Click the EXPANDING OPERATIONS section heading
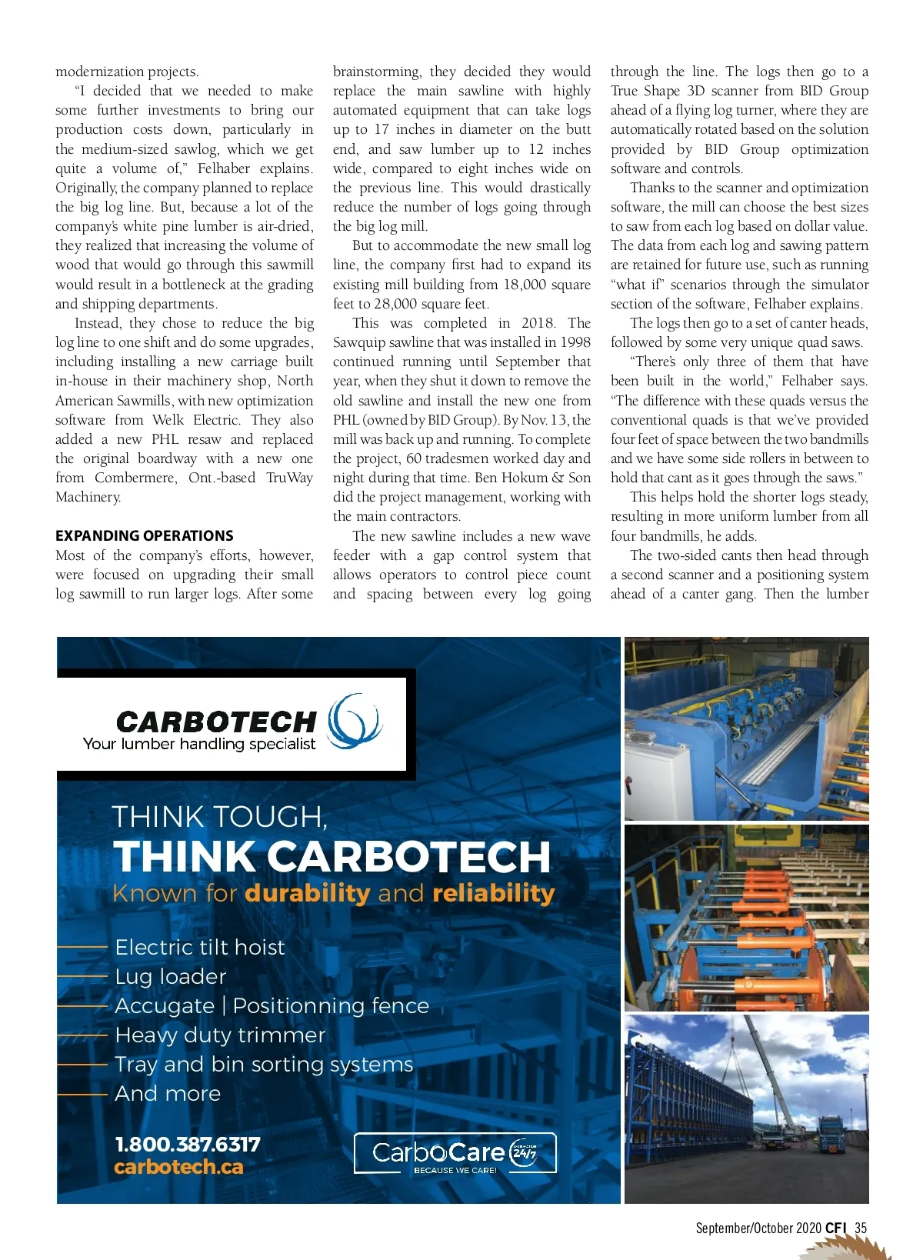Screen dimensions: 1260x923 pos(145,536)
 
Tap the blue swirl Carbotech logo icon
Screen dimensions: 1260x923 pos(355,721)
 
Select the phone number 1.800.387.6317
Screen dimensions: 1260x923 pos(188,1145)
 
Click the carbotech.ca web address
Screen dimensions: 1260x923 pos(178,1167)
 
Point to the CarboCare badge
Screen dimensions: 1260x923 pos(455,1153)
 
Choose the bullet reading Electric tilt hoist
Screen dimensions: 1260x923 pos(200,947)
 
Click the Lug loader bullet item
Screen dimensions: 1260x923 pos(171,976)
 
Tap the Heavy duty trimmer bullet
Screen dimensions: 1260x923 pos(220,1035)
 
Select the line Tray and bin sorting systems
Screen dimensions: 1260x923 pos(264,1064)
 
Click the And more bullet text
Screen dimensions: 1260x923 pos(168,1093)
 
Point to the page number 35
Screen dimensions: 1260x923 pos(861,1228)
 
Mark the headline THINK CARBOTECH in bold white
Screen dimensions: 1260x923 pos(332,856)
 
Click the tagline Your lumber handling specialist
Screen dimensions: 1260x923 pos(199,744)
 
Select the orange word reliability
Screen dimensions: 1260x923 pos(494,893)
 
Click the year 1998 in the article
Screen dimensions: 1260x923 pos(574,342)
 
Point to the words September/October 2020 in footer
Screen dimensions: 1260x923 pos(758,1228)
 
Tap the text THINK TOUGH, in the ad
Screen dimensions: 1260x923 pos(220,816)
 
